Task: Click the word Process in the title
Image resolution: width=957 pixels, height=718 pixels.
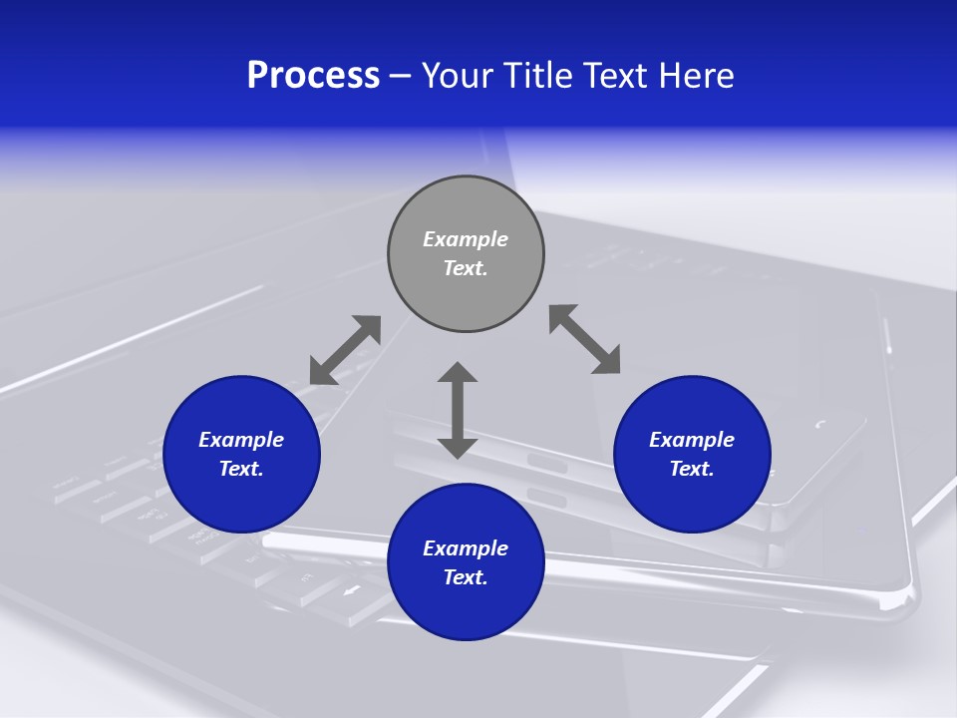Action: (313, 76)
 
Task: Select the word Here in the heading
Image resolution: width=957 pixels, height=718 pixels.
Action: (695, 76)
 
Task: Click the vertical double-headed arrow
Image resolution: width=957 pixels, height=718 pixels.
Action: (458, 410)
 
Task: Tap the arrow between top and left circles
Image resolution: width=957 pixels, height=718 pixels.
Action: (346, 350)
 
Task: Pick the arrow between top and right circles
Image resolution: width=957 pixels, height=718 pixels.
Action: (584, 339)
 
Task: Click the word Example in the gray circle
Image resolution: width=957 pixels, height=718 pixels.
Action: (466, 239)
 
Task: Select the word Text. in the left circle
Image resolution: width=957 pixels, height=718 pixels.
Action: (241, 469)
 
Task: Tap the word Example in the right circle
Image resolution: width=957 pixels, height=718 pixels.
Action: (692, 440)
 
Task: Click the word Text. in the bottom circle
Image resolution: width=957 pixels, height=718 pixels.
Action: (466, 577)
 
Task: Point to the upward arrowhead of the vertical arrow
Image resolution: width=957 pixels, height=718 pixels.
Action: (458, 374)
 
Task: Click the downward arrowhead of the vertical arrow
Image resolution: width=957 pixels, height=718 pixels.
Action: (458, 447)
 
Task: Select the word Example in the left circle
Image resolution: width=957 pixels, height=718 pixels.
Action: (241, 440)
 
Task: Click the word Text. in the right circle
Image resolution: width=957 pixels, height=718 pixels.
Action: (692, 469)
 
